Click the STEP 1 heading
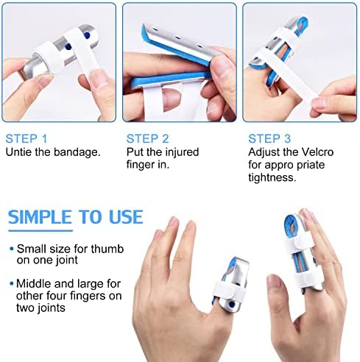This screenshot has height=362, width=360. pyautogui.click(x=27, y=138)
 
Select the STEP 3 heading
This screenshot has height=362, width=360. pyautogui.click(x=269, y=138)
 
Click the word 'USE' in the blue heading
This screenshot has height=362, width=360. pyautogui.click(x=124, y=217)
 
